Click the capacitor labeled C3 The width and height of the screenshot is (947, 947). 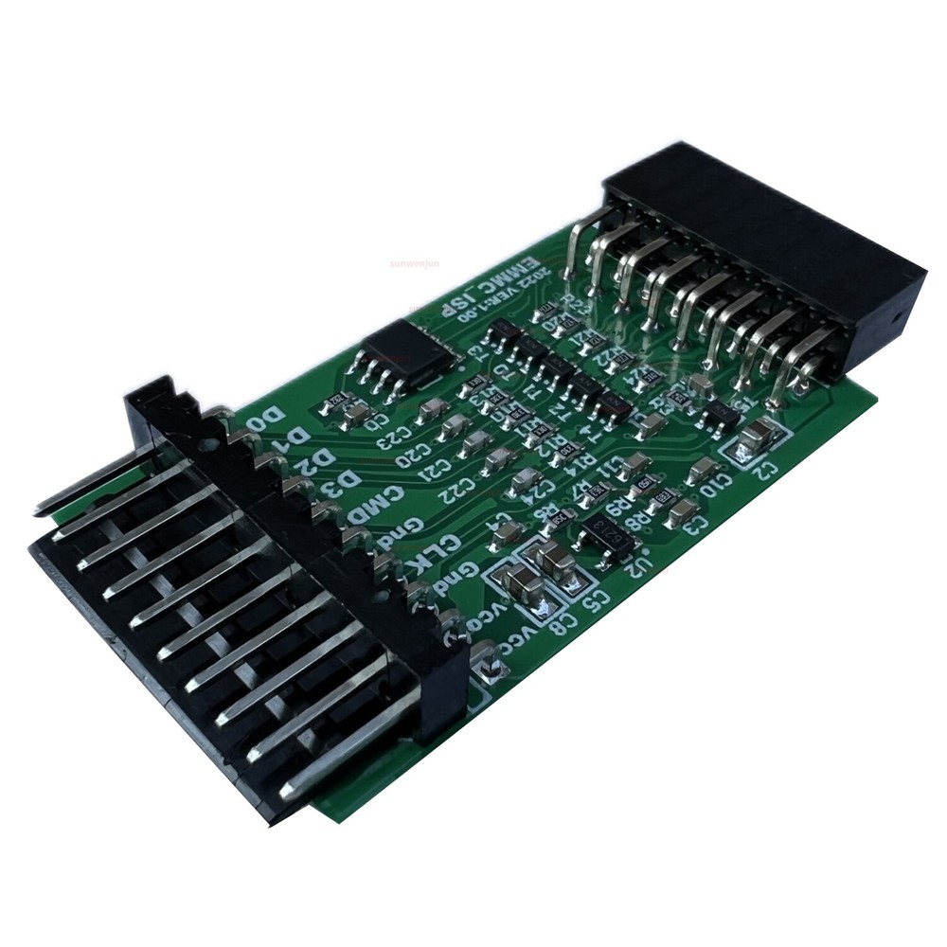pyautogui.click(x=678, y=512)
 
